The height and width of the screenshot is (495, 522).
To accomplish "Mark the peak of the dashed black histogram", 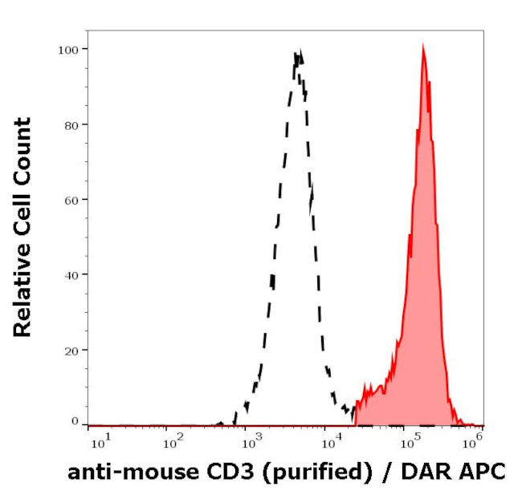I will (x=298, y=52).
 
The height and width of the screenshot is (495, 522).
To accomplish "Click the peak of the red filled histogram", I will (x=422, y=47).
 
